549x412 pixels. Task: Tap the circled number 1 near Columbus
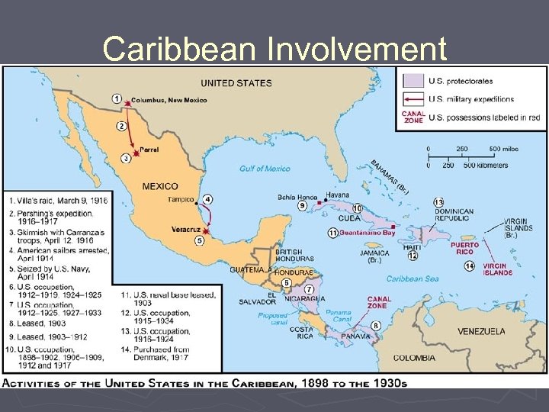116,98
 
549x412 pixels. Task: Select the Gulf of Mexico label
265,169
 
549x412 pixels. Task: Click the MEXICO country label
159,186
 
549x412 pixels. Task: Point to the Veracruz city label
186,229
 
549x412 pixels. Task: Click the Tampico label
181,200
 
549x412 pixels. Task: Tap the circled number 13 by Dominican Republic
438,201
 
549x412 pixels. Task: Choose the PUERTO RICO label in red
464,249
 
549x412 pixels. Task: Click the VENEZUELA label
481,331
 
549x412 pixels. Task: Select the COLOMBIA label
415,357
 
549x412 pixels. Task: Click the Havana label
338,195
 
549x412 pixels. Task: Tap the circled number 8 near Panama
376,326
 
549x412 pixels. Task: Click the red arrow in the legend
413,98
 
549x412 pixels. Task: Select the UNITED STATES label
236,82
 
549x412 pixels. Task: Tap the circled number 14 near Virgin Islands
469,266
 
